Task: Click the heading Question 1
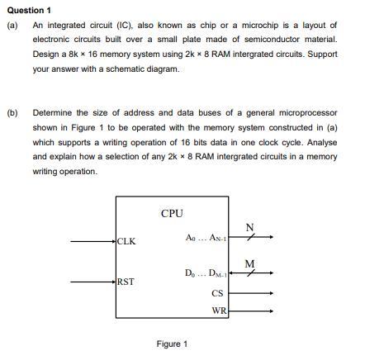click(x=28, y=10)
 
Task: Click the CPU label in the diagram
click(x=172, y=214)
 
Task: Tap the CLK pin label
click(x=126, y=242)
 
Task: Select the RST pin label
click(x=126, y=282)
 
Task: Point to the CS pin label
click(x=217, y=293)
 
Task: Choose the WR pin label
click(x=218, y=311)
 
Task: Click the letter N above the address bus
click(x=250, y=227)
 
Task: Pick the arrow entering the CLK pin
click(x=92, y=242)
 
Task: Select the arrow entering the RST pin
click(x=92, y=282)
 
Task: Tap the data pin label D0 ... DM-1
click(x=205, y=273)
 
